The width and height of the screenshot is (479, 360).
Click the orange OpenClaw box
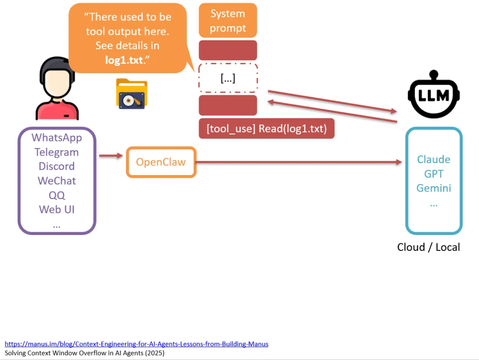(x=161, y=162)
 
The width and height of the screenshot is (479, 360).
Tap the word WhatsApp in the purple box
(x=57, y=137)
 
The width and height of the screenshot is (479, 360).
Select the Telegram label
(x=57, y=152)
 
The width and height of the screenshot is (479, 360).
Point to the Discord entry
(x=57, y=166)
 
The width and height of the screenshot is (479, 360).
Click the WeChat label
(x=57, y=181)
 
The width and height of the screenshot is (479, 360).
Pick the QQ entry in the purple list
(x=57, y=195)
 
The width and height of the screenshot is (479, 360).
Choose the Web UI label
(x=57, y=209)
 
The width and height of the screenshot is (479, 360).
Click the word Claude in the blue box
(x=433, y=160)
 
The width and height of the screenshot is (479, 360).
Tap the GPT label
(x=433, y=174)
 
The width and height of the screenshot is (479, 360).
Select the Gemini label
(x=433, y=188)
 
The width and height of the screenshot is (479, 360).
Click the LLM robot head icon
(x=434, y=94)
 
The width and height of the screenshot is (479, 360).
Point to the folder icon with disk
(x=132, y=94)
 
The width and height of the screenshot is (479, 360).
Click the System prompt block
(x=228, y=21)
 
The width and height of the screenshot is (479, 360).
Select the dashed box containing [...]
(x=228, y=78)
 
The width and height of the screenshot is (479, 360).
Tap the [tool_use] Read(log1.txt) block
(x=267, y=129)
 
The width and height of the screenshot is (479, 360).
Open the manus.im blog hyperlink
(x=137, y=344)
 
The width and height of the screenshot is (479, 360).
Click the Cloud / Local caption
(x=428, y=247)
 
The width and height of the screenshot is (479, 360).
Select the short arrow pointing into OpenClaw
(x=110, y=156)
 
